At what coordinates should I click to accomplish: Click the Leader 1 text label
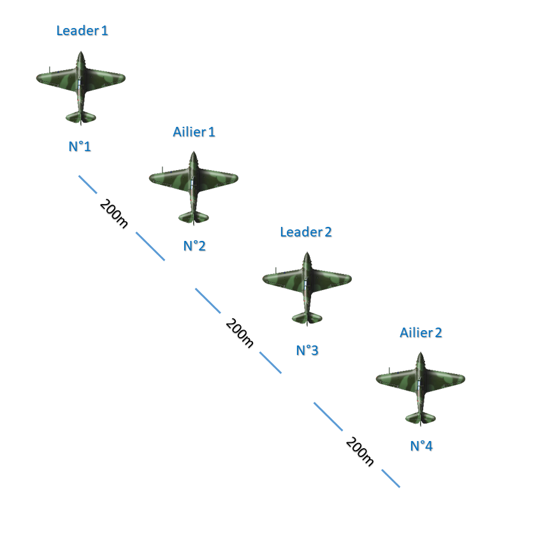(x=82, y=31)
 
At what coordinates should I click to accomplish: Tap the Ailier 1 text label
(x=194, y=132)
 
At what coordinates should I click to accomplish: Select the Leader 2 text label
(x=306, y=232)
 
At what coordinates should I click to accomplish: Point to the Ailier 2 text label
(x=421, y=333)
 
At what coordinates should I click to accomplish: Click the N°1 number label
(x=80, y=147)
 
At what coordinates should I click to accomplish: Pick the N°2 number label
(x=194, y=246)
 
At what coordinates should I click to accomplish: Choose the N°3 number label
(x=307, y=350)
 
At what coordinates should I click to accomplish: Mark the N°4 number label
(x=421, y=446)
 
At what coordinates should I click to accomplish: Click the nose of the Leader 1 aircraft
(x=81, y=53)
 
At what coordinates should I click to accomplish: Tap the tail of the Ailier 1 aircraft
(x=194, y=217)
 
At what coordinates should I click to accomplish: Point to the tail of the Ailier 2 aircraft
(x=421, y=418)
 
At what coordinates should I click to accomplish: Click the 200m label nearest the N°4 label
(x=360, y=451)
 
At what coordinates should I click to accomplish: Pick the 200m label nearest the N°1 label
(x=113, y=213)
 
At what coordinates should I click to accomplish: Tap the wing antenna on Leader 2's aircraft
(x=276, y=271)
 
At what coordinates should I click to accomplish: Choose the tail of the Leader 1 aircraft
(x=81, y=117)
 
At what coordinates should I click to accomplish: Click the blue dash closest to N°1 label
(x=88, y=185)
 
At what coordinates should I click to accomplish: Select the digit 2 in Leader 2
(x=328, y=232)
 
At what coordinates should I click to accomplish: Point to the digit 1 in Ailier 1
(x=212, y=132)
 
